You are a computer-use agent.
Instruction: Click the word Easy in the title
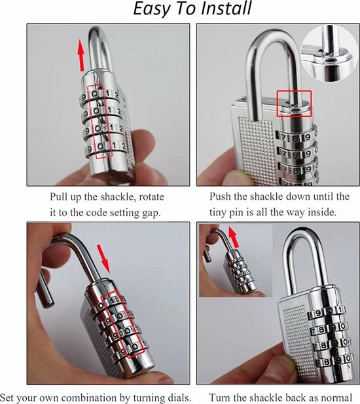tap(152, 9)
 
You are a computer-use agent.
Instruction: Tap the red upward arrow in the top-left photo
tap(81, 56)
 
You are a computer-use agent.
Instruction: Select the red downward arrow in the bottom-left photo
tap(103, 259)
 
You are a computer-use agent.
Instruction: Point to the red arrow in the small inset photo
tap(234, 237)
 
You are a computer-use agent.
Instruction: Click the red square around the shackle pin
tap(294, 103)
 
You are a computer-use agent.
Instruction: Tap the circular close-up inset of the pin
tap(330, 54)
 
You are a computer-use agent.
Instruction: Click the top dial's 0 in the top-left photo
tap(95, 94)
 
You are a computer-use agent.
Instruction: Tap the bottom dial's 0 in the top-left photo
tap(101, 147)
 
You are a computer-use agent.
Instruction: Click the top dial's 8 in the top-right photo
tap(296, 138)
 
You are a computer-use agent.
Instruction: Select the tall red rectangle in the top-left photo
tap(100, 121)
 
